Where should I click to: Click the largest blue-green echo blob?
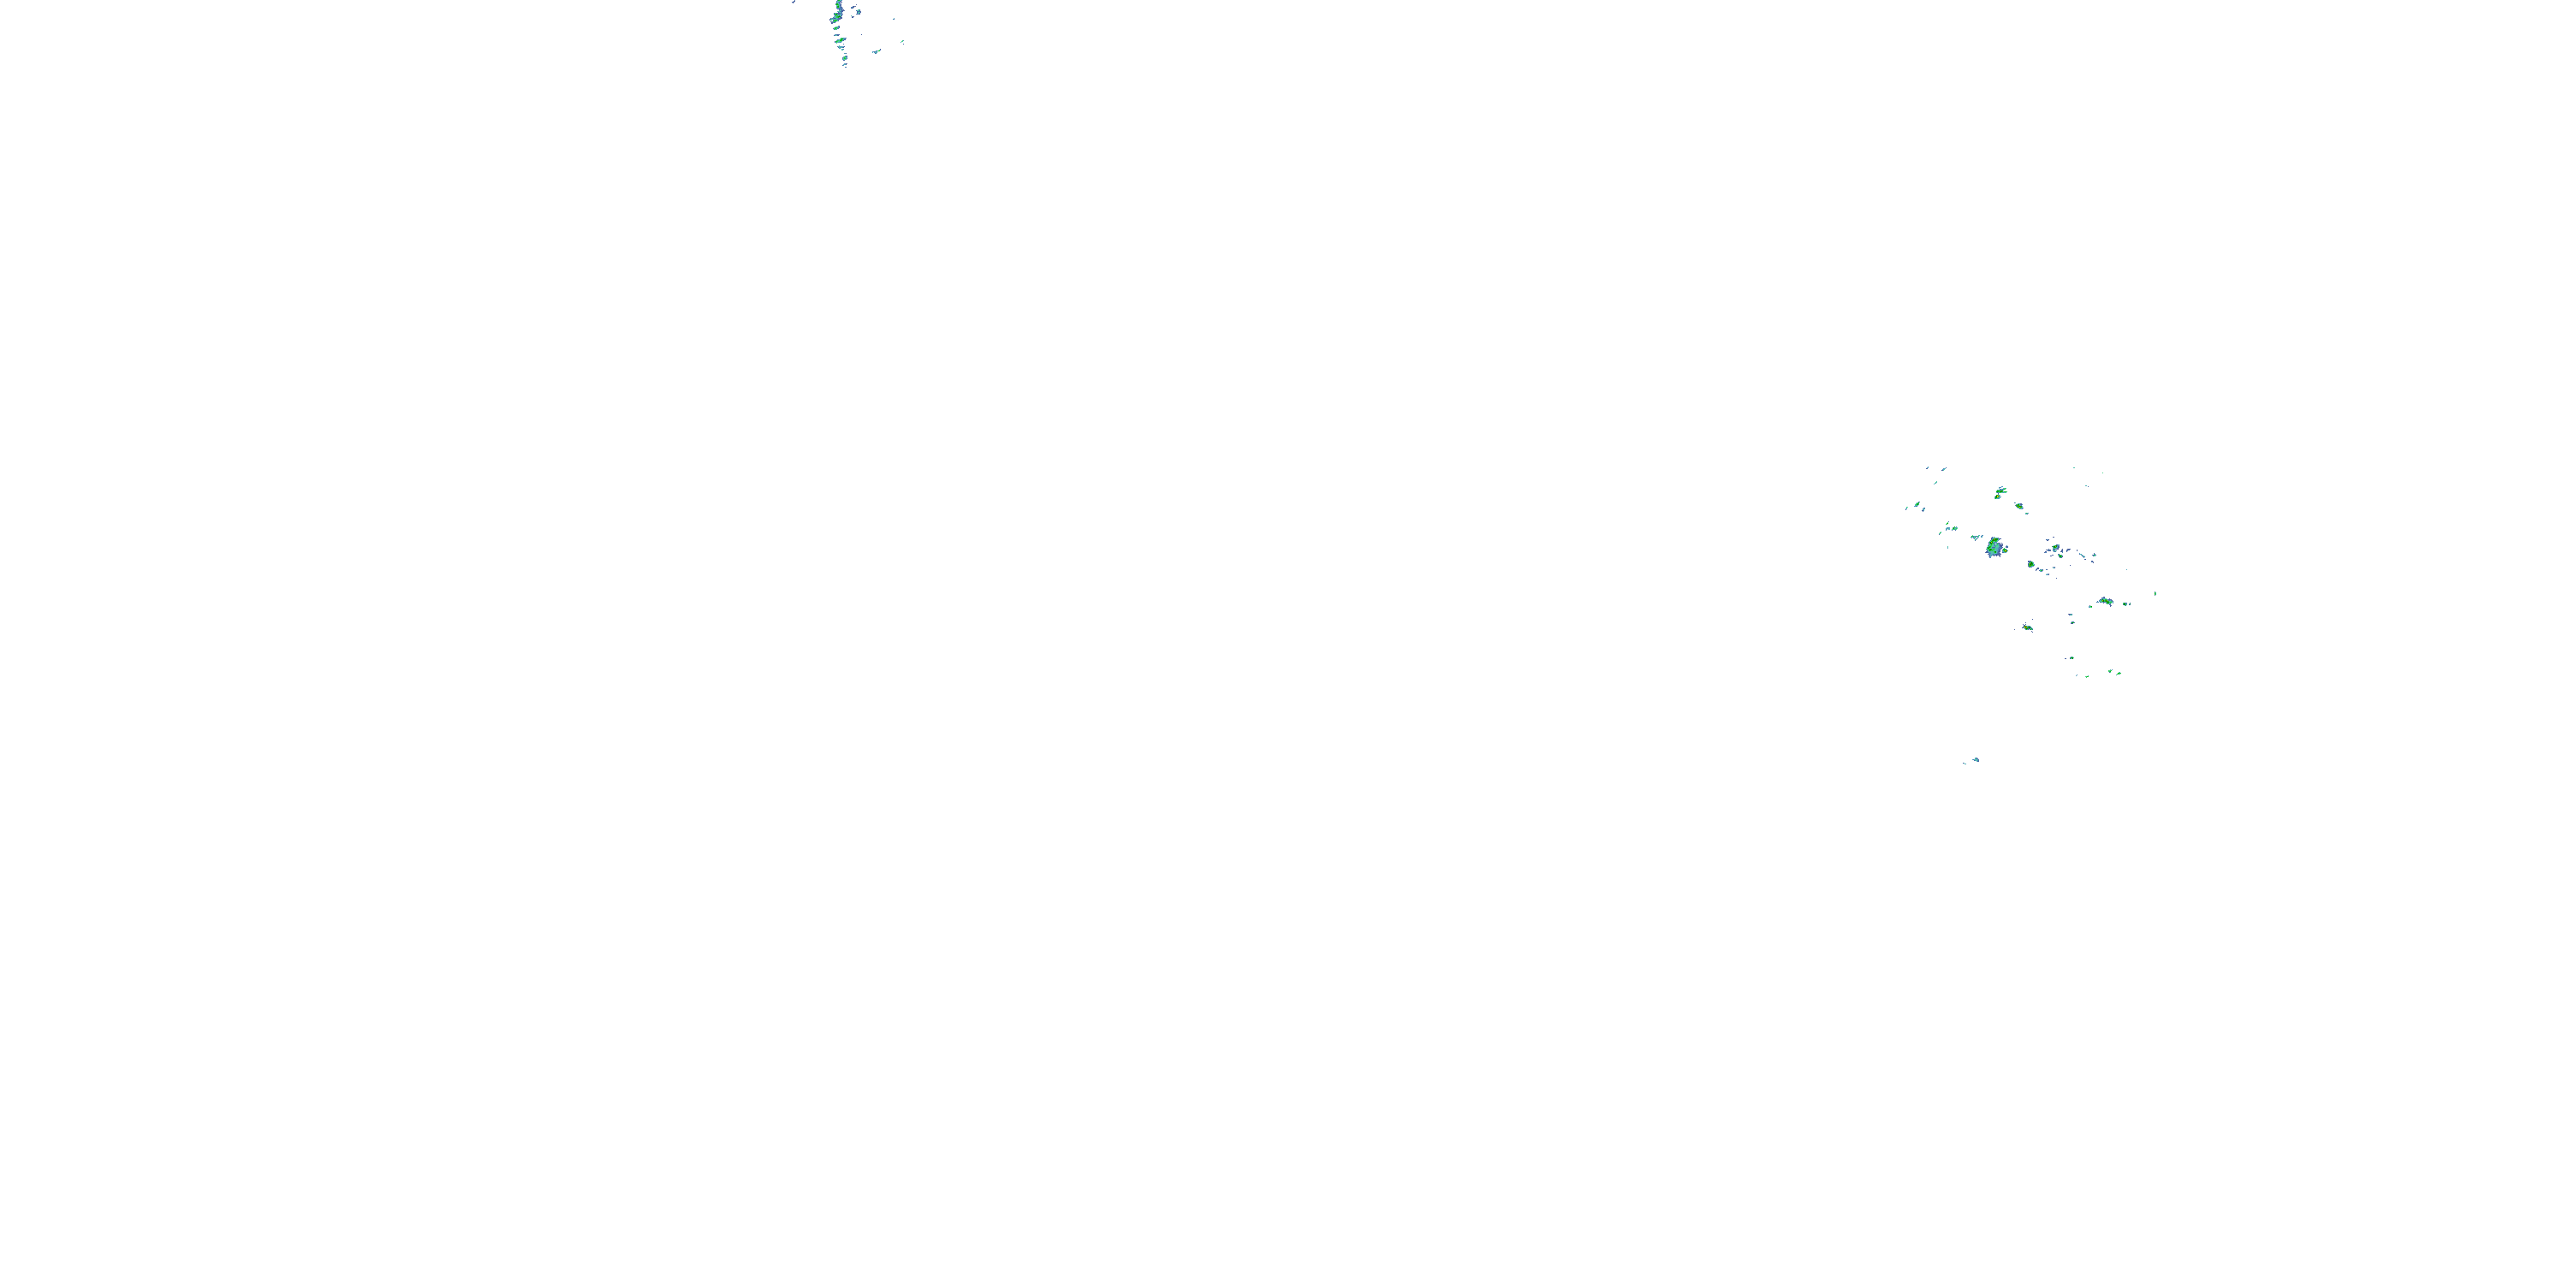(1994, 547)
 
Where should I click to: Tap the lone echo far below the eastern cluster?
(1976, 759)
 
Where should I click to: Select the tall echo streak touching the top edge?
(838, 14)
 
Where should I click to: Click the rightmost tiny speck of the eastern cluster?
(2155, 594)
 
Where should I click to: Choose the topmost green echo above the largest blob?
(1999, 492)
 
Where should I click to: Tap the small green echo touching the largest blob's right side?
(2005, 549)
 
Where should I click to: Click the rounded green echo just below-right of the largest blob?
(2030, 564)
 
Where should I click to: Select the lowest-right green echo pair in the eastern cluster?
(2113, 673)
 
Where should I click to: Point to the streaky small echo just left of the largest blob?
(1976, 538)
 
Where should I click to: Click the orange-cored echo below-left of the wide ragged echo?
(2027, 628)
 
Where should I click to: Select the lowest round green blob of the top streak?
(841, 43)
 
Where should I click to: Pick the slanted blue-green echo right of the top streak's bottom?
(877, 51)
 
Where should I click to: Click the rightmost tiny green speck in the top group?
(901, 41)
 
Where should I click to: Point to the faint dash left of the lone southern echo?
(1965, 762)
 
